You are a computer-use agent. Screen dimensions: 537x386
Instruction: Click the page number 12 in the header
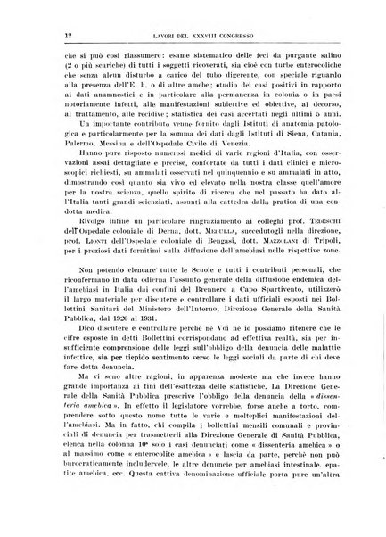pos(43,33)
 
